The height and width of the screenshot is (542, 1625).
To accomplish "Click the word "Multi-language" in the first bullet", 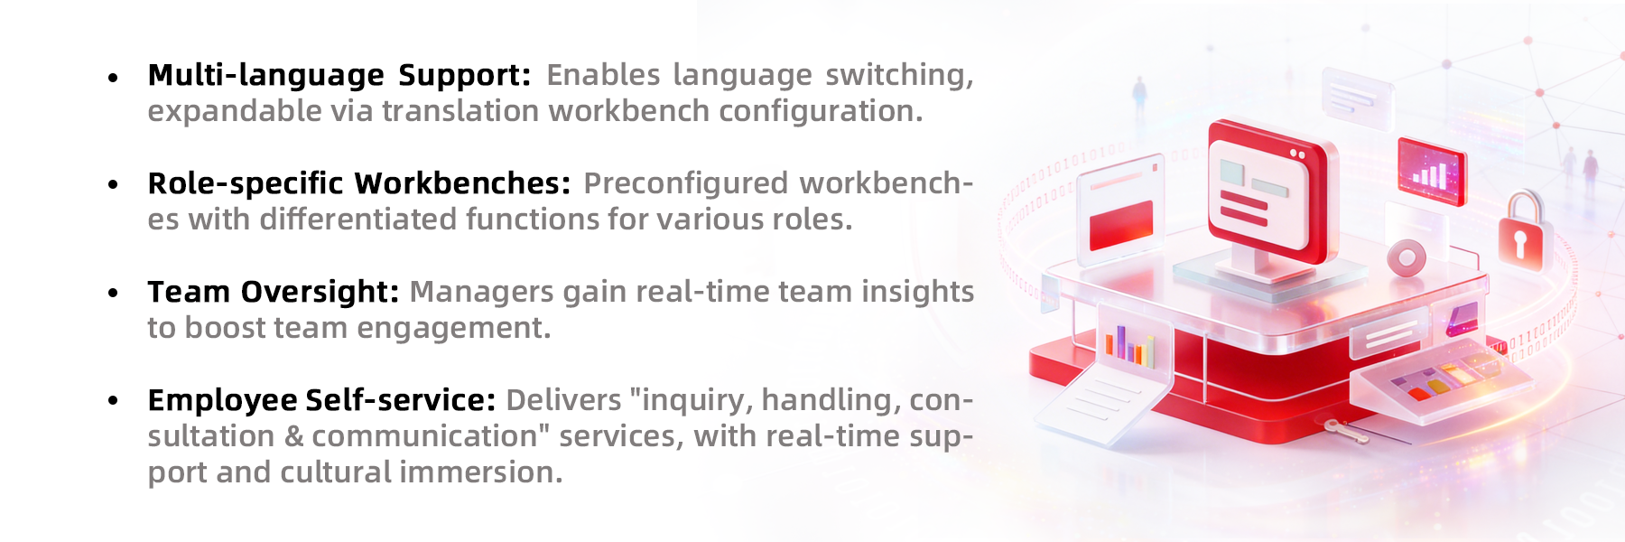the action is (266, 76).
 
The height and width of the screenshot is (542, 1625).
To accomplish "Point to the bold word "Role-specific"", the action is (246, 184).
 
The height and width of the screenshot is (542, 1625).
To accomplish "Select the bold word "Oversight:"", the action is (320, 293).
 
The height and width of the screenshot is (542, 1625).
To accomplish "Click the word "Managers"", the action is (482, 293).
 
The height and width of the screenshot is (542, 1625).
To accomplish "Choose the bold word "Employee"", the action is (222, 401).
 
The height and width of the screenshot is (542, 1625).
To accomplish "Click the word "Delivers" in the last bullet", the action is (563, 400).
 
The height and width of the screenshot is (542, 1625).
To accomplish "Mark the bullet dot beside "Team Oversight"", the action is (113, 294).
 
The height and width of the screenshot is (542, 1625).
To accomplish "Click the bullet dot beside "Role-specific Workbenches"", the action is (113, 185).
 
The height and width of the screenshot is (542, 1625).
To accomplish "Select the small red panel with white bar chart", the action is (1430, 171).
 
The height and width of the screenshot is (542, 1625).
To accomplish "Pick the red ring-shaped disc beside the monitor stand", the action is (1406, 258).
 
